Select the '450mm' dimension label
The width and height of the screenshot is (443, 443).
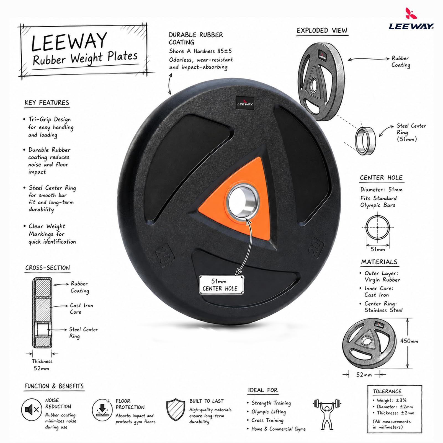(409, 341)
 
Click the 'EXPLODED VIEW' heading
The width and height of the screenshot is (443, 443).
(322, 31)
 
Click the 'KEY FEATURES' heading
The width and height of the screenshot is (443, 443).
(47, 103)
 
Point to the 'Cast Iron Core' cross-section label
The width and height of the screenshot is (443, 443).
(81, 308)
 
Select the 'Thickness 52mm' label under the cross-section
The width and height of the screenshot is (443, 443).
(42, 365)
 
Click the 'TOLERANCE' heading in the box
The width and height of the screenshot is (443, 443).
(387, 391)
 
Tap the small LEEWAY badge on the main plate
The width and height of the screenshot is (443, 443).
(245, 103)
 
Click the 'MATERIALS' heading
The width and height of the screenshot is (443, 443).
(379, 262)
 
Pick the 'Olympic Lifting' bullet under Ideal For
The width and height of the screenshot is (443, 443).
(268, 412)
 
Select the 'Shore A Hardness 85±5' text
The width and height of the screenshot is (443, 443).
(200, 51)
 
